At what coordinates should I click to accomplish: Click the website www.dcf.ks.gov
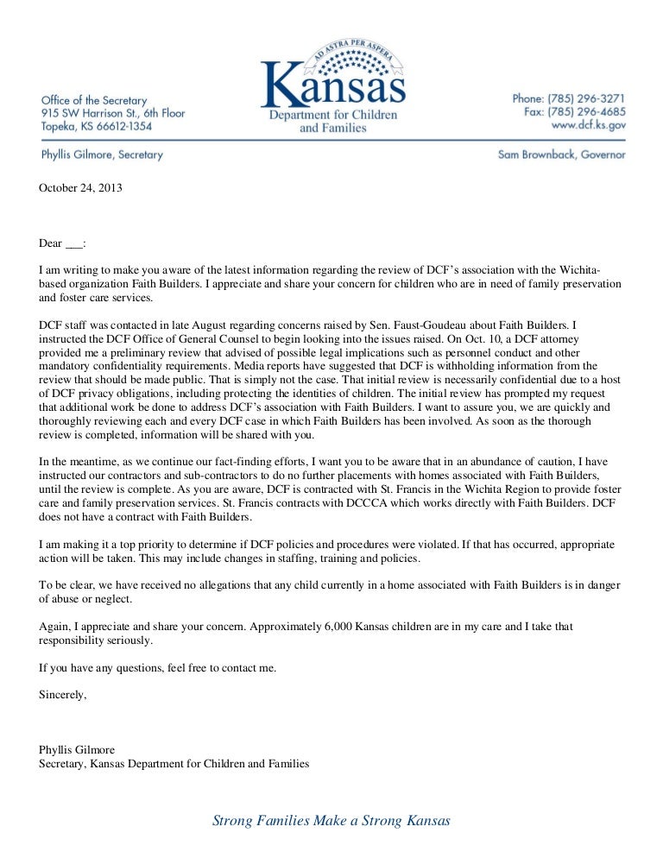590,125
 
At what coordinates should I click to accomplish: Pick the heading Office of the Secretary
94,101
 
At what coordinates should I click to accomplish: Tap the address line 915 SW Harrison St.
112,113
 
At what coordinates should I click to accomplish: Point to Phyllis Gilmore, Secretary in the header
101,155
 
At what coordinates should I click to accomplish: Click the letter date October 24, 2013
80,186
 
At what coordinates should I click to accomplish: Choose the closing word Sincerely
63,694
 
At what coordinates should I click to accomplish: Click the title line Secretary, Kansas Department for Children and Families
174,763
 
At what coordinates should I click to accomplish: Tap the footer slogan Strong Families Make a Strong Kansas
331,820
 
